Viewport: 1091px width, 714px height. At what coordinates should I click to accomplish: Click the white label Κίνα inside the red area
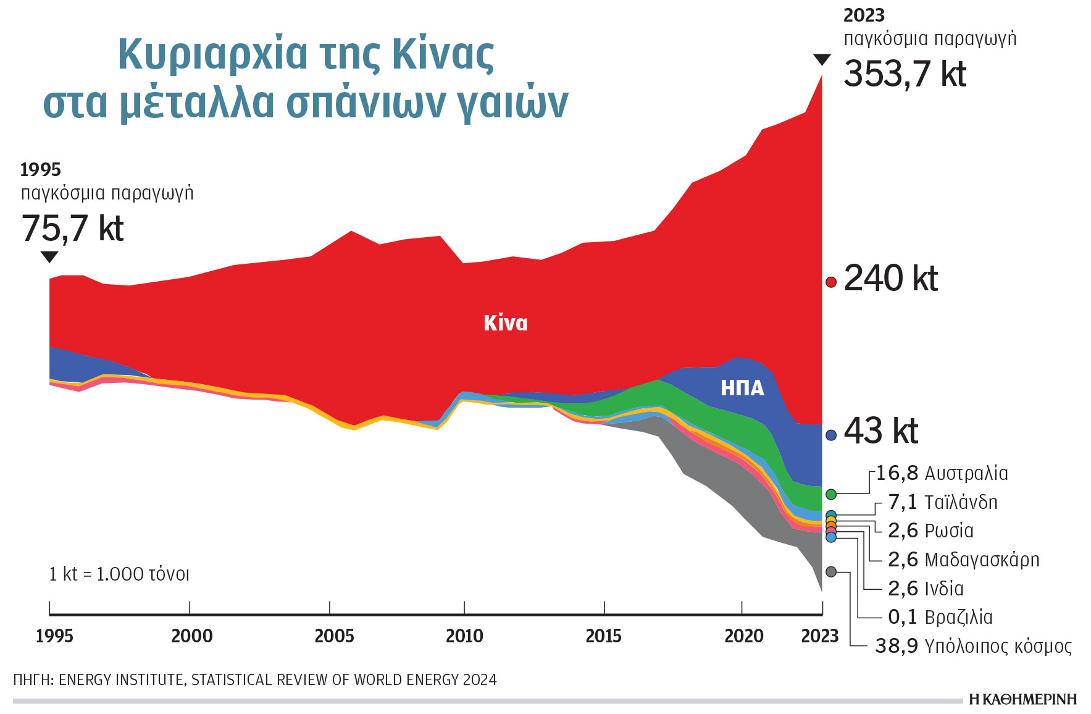[505, 323]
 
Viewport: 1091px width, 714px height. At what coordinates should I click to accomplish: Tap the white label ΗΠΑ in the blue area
[742, 388]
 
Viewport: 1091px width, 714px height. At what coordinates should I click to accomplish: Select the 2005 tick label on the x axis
[334, 636]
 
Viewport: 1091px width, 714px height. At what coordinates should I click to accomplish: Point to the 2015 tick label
[603, 636]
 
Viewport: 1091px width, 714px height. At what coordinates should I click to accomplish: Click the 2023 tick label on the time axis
[819, 636]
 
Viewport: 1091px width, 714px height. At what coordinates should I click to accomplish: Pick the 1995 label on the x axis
[54, 636]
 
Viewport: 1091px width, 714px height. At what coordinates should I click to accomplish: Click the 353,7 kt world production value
[905, 74]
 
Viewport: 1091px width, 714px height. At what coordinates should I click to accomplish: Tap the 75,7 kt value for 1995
[72, 229]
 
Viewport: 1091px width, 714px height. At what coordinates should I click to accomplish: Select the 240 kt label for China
[890, 279]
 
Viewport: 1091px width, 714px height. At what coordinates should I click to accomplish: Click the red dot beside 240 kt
[831, 282]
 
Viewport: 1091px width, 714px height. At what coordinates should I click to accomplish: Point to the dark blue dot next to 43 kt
[831, 435]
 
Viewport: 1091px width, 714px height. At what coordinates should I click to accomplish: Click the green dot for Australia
[831, 494]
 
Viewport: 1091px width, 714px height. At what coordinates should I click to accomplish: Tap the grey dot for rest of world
[831, 572]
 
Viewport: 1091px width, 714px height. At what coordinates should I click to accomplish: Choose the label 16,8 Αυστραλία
[942, 474]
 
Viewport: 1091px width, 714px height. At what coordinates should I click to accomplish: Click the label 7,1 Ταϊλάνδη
[942, 502]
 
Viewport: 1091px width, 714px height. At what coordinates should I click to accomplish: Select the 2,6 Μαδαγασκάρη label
[963, 560]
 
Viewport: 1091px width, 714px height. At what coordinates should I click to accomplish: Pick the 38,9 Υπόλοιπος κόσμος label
[973, 646]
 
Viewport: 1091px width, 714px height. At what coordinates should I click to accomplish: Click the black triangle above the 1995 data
[49, 257]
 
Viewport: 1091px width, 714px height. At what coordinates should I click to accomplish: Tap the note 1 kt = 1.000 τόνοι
[119, 574]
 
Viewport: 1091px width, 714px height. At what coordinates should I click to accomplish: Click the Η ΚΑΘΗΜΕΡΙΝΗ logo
[1022, 699]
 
